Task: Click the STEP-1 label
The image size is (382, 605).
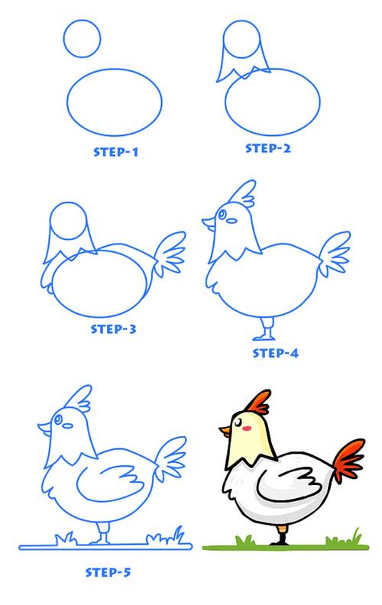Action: point(116,152)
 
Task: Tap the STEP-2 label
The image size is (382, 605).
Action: point(268,148)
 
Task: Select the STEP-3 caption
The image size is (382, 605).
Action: point(113,329)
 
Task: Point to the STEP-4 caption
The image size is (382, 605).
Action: point(276,353)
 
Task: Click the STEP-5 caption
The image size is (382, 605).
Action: point(108,572)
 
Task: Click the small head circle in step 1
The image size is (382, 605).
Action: point(64,39)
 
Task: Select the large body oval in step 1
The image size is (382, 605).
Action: point(67,102)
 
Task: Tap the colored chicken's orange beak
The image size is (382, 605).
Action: point(225,430)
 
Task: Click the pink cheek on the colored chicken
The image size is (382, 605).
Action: point(248,428)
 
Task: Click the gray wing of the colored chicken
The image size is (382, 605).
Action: point(290,485)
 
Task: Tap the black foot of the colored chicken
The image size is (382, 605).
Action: point(282,541)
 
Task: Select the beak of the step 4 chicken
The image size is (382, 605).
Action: point(209,224)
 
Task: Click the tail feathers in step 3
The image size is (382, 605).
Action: point(170,253)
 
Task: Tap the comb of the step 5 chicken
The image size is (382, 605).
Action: point(81,398)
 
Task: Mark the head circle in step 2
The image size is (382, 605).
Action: point(223,40)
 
